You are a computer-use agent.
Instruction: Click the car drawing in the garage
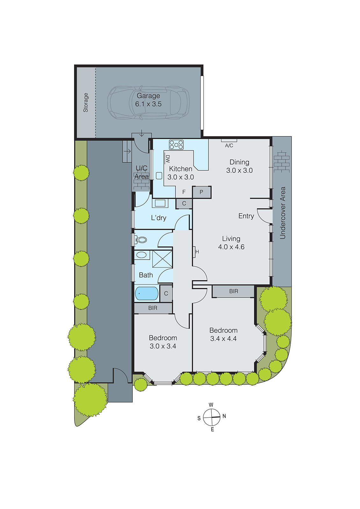coord(118,102)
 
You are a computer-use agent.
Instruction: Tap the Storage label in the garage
coord(86,102)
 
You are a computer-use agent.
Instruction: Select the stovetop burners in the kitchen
coord(176,145)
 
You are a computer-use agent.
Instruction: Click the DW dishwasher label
coord(168,159)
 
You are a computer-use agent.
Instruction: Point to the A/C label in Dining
coord(229,145)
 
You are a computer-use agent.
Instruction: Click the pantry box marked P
coord(201,192)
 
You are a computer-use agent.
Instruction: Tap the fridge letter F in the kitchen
coord(184,192)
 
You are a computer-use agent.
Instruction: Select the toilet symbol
coord(141,240)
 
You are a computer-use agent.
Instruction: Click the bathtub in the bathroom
coord(147,293)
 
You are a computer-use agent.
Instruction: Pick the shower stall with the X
coord(162,259)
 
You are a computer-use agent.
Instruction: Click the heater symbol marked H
coord(197,252)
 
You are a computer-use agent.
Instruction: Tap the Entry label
coord(246,216)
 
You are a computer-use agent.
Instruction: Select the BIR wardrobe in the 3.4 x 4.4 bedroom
coord(233,291)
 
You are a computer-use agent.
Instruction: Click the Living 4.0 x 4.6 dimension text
coord(231,247)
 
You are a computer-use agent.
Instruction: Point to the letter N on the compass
coord(224,416)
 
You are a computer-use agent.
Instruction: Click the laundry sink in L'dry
coord(160,203)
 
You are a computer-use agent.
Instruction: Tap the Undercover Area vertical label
coord(283,213)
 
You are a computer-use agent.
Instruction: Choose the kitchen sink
coord(159,176)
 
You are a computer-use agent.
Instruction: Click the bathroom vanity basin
coord(142,255)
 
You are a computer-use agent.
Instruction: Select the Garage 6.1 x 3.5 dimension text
coord(148,104)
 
